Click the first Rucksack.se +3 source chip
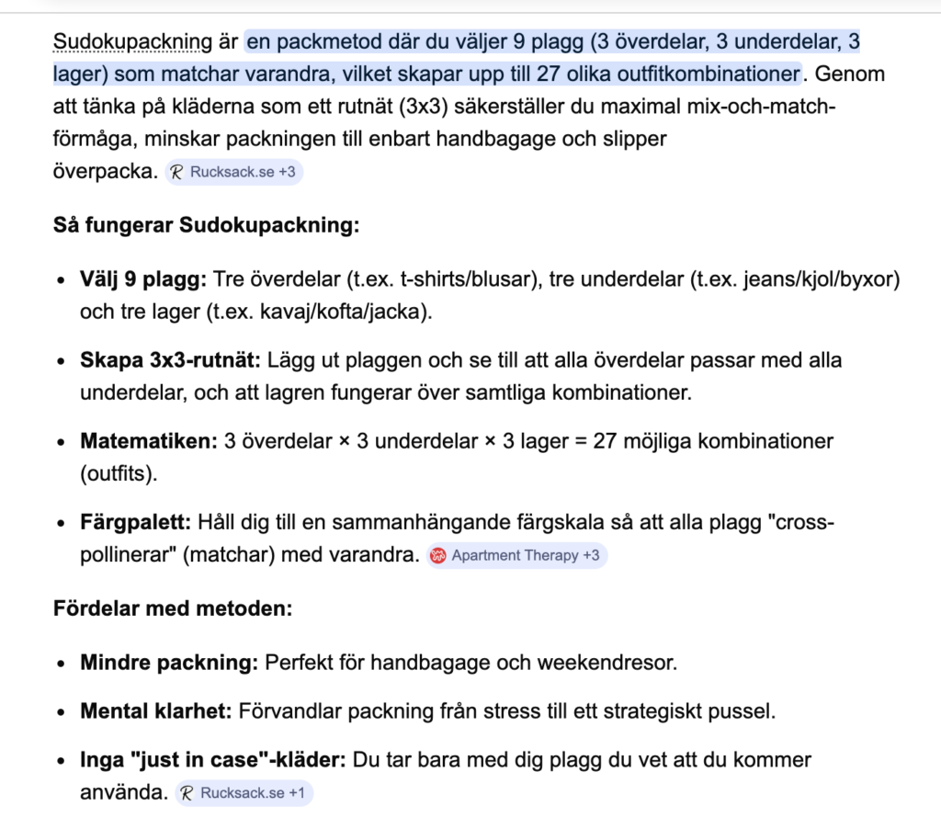(x=234, y=172)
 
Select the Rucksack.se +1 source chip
(x=244, y=793)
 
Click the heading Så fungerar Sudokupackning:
(x=206, y=224)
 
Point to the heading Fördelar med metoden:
(x=173, y=608)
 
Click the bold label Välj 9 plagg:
(x=145, y=278)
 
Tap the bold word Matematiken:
(x=149, y=440)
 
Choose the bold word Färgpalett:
(x=136, y=522)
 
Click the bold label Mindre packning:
(x=170, y=662)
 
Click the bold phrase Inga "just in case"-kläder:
(x=212, y=761)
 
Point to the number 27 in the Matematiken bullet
(x=605, y=440)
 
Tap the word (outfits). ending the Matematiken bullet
(x=119, y=473)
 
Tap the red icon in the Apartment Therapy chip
(x=438, y=555)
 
